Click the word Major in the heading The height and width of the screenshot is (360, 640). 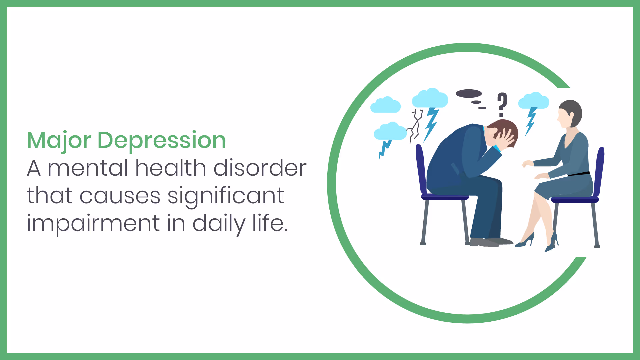[x=59, y=141]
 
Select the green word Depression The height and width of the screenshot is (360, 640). [x=162, y=141]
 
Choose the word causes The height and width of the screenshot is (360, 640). [x=120, y=196]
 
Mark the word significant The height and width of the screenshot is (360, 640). [x=226, y=196]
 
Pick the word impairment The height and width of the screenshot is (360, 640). [x=93, y=224]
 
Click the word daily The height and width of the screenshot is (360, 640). [x=219, y=224]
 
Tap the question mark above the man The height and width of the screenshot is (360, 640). [x=502, y=104]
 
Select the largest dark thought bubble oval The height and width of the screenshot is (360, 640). [x=469, y=94]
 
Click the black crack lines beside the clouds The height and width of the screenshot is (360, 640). [x=415, y=125]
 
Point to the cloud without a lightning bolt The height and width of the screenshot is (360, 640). [x=385, y=105]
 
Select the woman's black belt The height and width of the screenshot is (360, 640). [x=579, y=174]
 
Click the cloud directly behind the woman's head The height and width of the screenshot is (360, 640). [x=534, y=101]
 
